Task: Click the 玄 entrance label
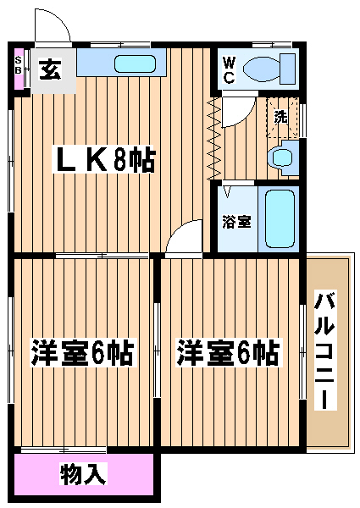tap(50, 69)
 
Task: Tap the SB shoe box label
tap(19, 65)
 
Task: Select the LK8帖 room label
tap(104, 159)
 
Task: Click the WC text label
tap(229, 69)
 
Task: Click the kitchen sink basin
tap(135, 63)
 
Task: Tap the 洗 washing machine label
tap(280, 117)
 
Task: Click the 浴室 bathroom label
tap(236, 222)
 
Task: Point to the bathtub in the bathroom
tap(280, 218)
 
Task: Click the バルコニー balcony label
tap(324, 351)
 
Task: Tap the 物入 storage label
tap(83, 473)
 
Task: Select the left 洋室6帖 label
tap(81, 352)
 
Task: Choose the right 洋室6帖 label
tap(228, 352)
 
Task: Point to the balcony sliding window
tap(302, 351)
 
